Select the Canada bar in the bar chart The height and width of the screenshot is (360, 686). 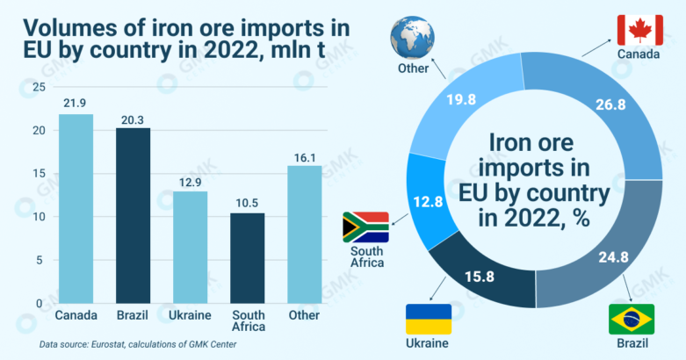(x=76, y=209)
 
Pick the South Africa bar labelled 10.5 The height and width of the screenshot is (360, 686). (x=247, y=258)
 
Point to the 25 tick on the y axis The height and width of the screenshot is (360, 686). (x=36, y=87)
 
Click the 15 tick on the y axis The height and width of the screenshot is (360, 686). (x=36, y=174)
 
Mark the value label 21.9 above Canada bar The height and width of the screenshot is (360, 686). (x=76, y=104)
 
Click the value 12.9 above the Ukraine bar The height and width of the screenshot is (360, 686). (x=190, y=181)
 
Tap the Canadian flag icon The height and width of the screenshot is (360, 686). (x=639, y=30)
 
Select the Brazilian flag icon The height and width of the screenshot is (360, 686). (x=632, y=319)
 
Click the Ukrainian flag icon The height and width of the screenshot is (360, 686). (x=428, y=319)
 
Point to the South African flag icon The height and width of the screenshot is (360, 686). (x=365, y=226)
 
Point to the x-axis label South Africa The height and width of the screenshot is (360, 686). (x=247, y=321)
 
